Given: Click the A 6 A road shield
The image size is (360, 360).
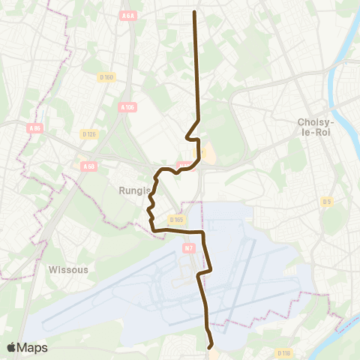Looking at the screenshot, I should [128, 16].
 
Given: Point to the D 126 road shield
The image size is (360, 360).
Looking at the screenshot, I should [88, 133].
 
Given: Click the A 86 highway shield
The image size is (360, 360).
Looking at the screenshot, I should [34, 128].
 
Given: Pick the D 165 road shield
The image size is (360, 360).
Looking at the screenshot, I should [177, 219].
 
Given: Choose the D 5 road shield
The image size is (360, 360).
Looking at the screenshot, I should [326, 201].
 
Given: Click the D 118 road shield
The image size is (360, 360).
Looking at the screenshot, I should [283, 352].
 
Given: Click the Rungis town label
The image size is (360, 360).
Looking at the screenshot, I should [134, 190].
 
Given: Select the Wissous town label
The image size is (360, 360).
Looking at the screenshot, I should [68, 268].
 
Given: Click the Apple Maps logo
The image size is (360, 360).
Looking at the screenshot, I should [27, 347].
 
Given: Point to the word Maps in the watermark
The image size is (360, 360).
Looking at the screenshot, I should [33, 347].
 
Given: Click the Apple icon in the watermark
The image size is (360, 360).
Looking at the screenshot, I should [11, 347].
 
